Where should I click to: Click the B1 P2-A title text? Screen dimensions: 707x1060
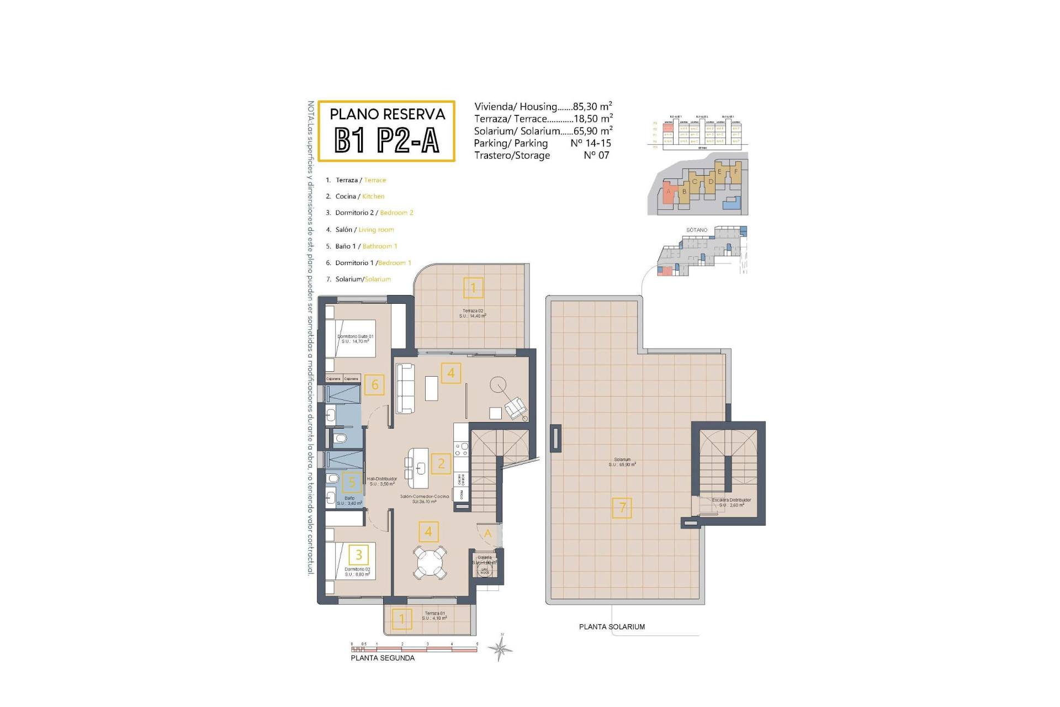tap(386, 140)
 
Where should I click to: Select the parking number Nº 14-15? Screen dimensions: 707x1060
tap(591, 143)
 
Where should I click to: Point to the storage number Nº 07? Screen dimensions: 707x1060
tap(596, 155)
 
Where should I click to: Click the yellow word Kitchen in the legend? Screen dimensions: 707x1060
tap(373, 197)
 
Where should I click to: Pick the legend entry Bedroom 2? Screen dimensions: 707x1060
tap(396, 213)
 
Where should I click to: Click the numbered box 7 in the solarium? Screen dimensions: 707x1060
tap(622, 508)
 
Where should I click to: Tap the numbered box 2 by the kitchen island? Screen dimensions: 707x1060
tap(441, 463)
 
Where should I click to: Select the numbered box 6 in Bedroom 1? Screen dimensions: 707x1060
tap(375, 385)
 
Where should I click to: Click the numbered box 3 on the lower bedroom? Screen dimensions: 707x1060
tap(359, 555)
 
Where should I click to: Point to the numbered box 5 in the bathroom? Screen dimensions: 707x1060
tap(352, 482)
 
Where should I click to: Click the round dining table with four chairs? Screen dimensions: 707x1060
tap(430, 562)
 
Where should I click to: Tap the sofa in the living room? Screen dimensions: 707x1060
tap(405, 388)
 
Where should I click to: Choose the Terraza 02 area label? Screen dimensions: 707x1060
tap(473, 313)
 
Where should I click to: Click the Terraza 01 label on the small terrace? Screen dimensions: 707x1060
tap(434, 615)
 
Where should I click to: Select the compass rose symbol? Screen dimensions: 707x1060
tap(501, 648)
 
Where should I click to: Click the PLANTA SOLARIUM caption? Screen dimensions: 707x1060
tap(612, 627)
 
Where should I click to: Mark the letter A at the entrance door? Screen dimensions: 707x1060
tap(487, 534)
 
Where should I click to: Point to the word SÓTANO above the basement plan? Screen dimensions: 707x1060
tap(697, 230)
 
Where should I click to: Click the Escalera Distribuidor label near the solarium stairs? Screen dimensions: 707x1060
tap(732, 502)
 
